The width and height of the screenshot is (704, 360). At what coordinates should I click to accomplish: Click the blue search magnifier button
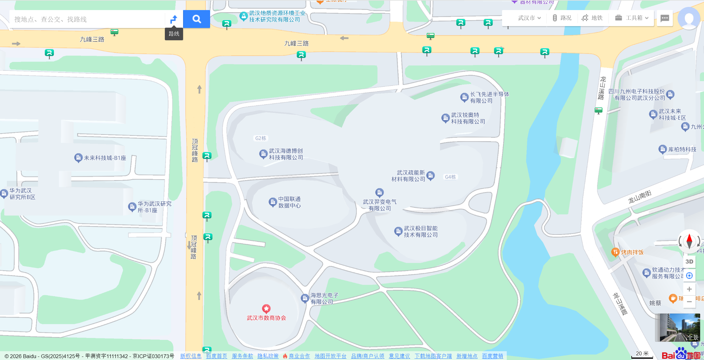(197, 19)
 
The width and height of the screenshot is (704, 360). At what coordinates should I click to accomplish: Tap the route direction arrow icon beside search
(174, 19)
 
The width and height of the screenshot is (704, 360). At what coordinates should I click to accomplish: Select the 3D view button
(689, 262)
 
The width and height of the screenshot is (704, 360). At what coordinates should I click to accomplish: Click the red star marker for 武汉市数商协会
(266, 309)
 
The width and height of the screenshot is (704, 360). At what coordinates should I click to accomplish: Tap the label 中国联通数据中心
(289, 202)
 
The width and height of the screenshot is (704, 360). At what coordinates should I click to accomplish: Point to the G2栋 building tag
(261, 138)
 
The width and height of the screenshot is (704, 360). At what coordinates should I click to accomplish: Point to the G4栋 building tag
(450, 177)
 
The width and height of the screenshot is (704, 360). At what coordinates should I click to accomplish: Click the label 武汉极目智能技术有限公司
(421, 232)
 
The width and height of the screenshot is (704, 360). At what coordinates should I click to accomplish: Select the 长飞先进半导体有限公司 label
(489, 97)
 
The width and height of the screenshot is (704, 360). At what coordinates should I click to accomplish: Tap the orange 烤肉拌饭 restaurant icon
(615, 252)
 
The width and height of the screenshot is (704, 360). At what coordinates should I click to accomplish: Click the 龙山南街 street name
(640, 197)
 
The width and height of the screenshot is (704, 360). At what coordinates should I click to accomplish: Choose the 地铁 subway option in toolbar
(592, 18)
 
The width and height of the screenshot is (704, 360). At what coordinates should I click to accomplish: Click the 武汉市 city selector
(529, 18)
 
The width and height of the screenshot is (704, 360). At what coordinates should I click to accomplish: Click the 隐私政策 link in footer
(268, 356)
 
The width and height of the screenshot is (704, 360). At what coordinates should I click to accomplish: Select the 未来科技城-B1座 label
(105, 158)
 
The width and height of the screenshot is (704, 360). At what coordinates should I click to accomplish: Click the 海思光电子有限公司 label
(324, 298)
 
